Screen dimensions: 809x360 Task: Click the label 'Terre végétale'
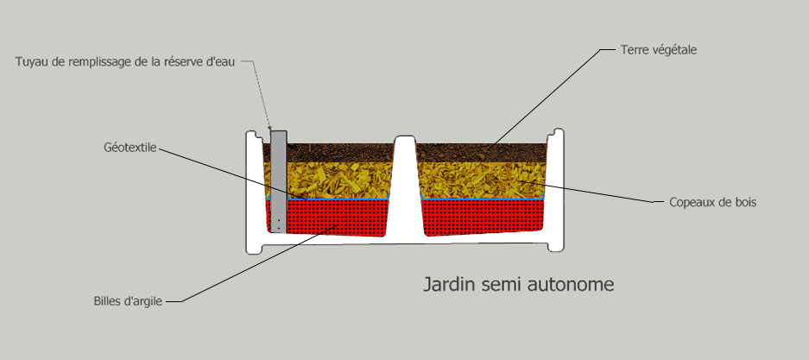659,50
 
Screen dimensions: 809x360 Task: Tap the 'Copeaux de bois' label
712,202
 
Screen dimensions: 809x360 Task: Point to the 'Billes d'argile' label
128,301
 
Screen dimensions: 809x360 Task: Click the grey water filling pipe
279,180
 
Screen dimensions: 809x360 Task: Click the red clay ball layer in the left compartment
335,218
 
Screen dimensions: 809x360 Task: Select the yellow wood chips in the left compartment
338,180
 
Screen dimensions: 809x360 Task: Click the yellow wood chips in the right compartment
482,180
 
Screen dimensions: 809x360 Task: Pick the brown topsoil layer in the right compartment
482,153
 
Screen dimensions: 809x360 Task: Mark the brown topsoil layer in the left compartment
340,153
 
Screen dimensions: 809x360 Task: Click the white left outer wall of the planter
255,191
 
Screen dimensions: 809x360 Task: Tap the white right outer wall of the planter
555,190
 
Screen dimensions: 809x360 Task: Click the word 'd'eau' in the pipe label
223,62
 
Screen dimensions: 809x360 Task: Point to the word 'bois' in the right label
744,202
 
